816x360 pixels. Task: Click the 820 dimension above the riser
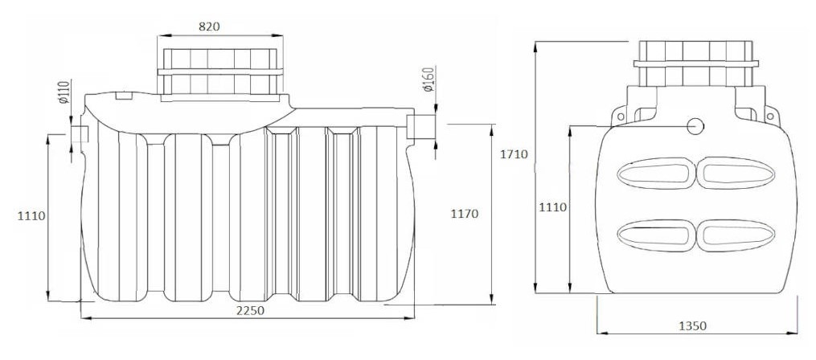tap(209, 27)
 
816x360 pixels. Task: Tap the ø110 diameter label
tap(64, 92)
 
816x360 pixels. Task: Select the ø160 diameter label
tap(429, 80)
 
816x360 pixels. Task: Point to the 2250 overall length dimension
tap(250, 310)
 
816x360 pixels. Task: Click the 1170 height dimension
tap(464, 214)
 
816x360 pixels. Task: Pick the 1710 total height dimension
tap(515, 154)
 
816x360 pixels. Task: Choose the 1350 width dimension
tap(693, 326)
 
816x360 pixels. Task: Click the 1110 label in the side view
tap(31, 216)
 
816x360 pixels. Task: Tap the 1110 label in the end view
tap(552, 207)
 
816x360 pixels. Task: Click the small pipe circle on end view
tap(695, 125)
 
